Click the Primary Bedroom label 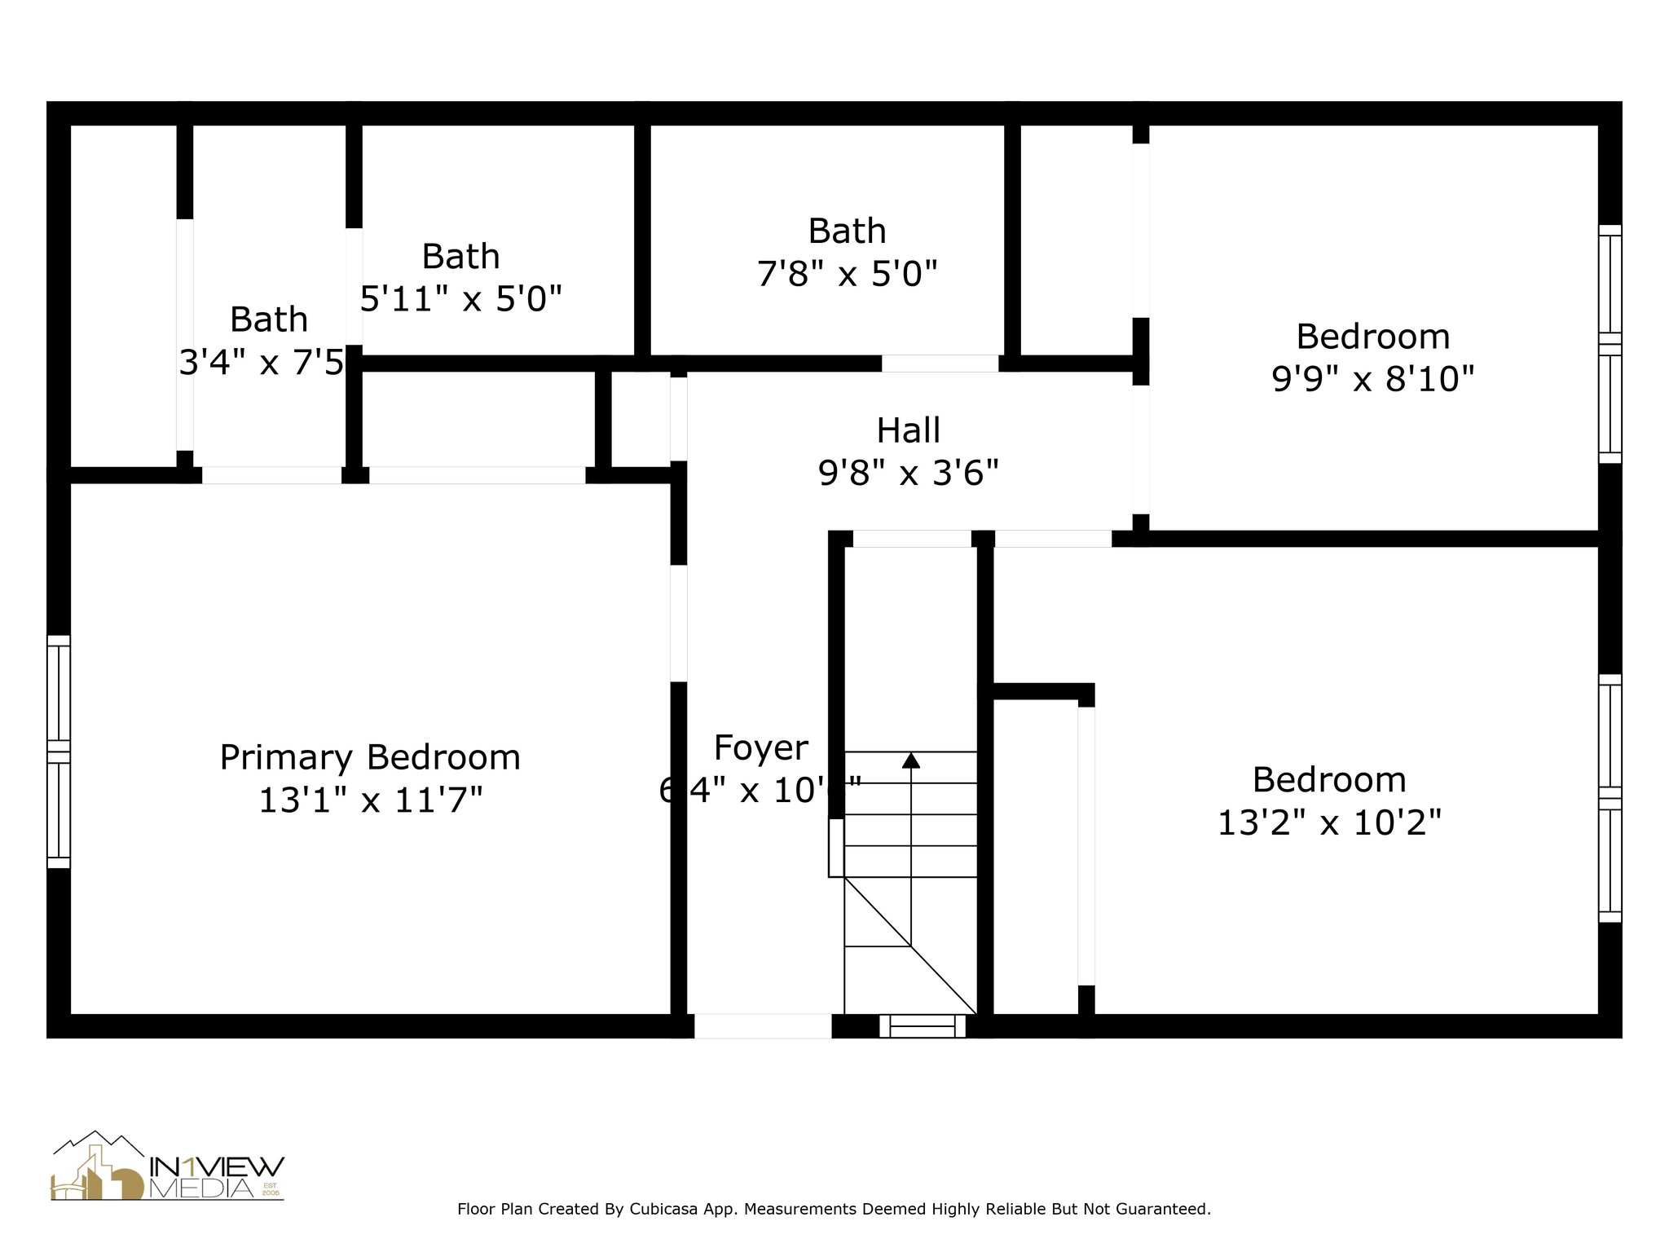click(x=370, y=758)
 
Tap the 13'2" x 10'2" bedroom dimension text click(x=1329, y=822)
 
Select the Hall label click(x=908, y=430)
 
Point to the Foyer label click(x=761, y=748)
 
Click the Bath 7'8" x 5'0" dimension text click(x=847, y=274)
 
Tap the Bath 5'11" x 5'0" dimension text click(x=460, y=299)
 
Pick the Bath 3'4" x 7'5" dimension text click(x=262, y=362)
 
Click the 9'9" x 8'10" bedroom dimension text click(x=1372, y=379)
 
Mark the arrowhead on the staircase click(x=911, y=760)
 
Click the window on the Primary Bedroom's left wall click(x=59, y=752)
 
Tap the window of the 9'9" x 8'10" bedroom click(x=1610, y=344)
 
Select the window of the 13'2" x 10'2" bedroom click(x=1610, y=798)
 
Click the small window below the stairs click(x=922, y=1025)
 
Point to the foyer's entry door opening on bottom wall click(x=762, y=1026)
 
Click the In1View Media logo click(x=168, y=1167)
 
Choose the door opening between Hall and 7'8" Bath click(x=940, y=364)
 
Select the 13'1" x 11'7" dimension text click(x=370, y=800)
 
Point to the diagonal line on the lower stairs click(x=910, y=946)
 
